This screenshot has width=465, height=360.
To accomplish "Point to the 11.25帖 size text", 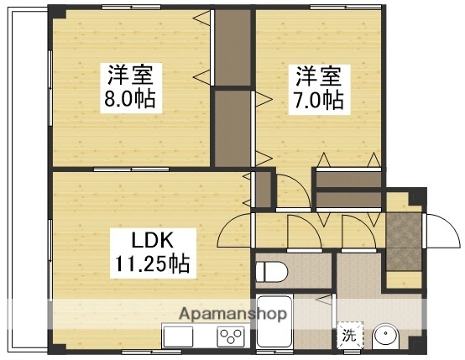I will click(151, 265).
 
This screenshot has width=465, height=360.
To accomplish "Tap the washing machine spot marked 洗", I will click(348, 335).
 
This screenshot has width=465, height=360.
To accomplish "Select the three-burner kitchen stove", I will click(230, 336).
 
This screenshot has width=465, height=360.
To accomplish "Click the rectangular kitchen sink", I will click(179, 337).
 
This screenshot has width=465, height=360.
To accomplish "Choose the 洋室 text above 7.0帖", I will click(319, 76).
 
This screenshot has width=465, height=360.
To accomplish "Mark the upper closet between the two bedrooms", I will click(233, 46).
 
